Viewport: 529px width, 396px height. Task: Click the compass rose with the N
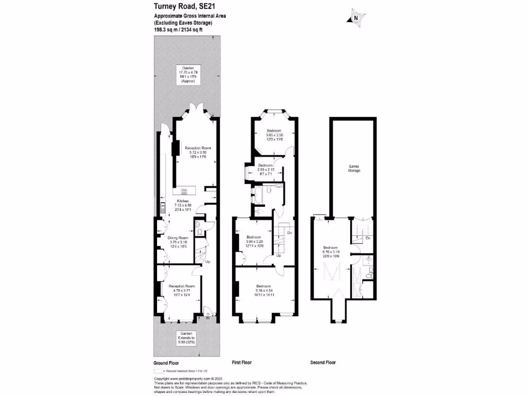tap(355, 18)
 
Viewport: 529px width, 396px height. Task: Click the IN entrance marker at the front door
tap(208, 318)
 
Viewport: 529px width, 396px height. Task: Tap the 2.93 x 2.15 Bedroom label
tap(265, 170)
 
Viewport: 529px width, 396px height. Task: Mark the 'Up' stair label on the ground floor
tap(208, 262)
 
